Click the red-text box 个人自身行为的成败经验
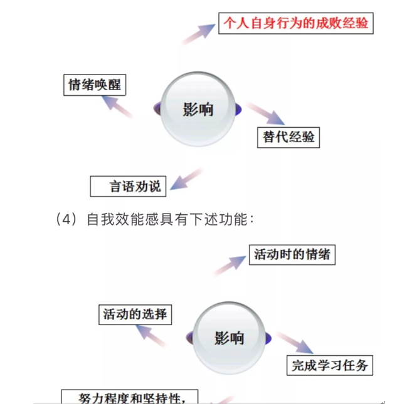point(295,23)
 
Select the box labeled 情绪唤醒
point(95,85)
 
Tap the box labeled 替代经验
point(288,137)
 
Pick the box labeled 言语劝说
point(128,186)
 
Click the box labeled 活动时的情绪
point(292,255)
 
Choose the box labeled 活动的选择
point(135,314)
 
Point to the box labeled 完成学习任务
point(330,365)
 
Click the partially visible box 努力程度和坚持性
point(130,396)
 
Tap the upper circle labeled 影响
point(198,109)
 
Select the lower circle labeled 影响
point(230,338)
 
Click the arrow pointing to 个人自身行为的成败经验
point(198,34)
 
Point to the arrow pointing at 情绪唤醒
point(117,107)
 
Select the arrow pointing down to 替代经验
point(266,114)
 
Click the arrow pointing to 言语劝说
point(186,179)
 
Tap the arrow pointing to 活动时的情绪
point(230,266)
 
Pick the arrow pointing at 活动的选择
point(151,336)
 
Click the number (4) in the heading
point(66,220)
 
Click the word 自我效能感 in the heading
point(122,219)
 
